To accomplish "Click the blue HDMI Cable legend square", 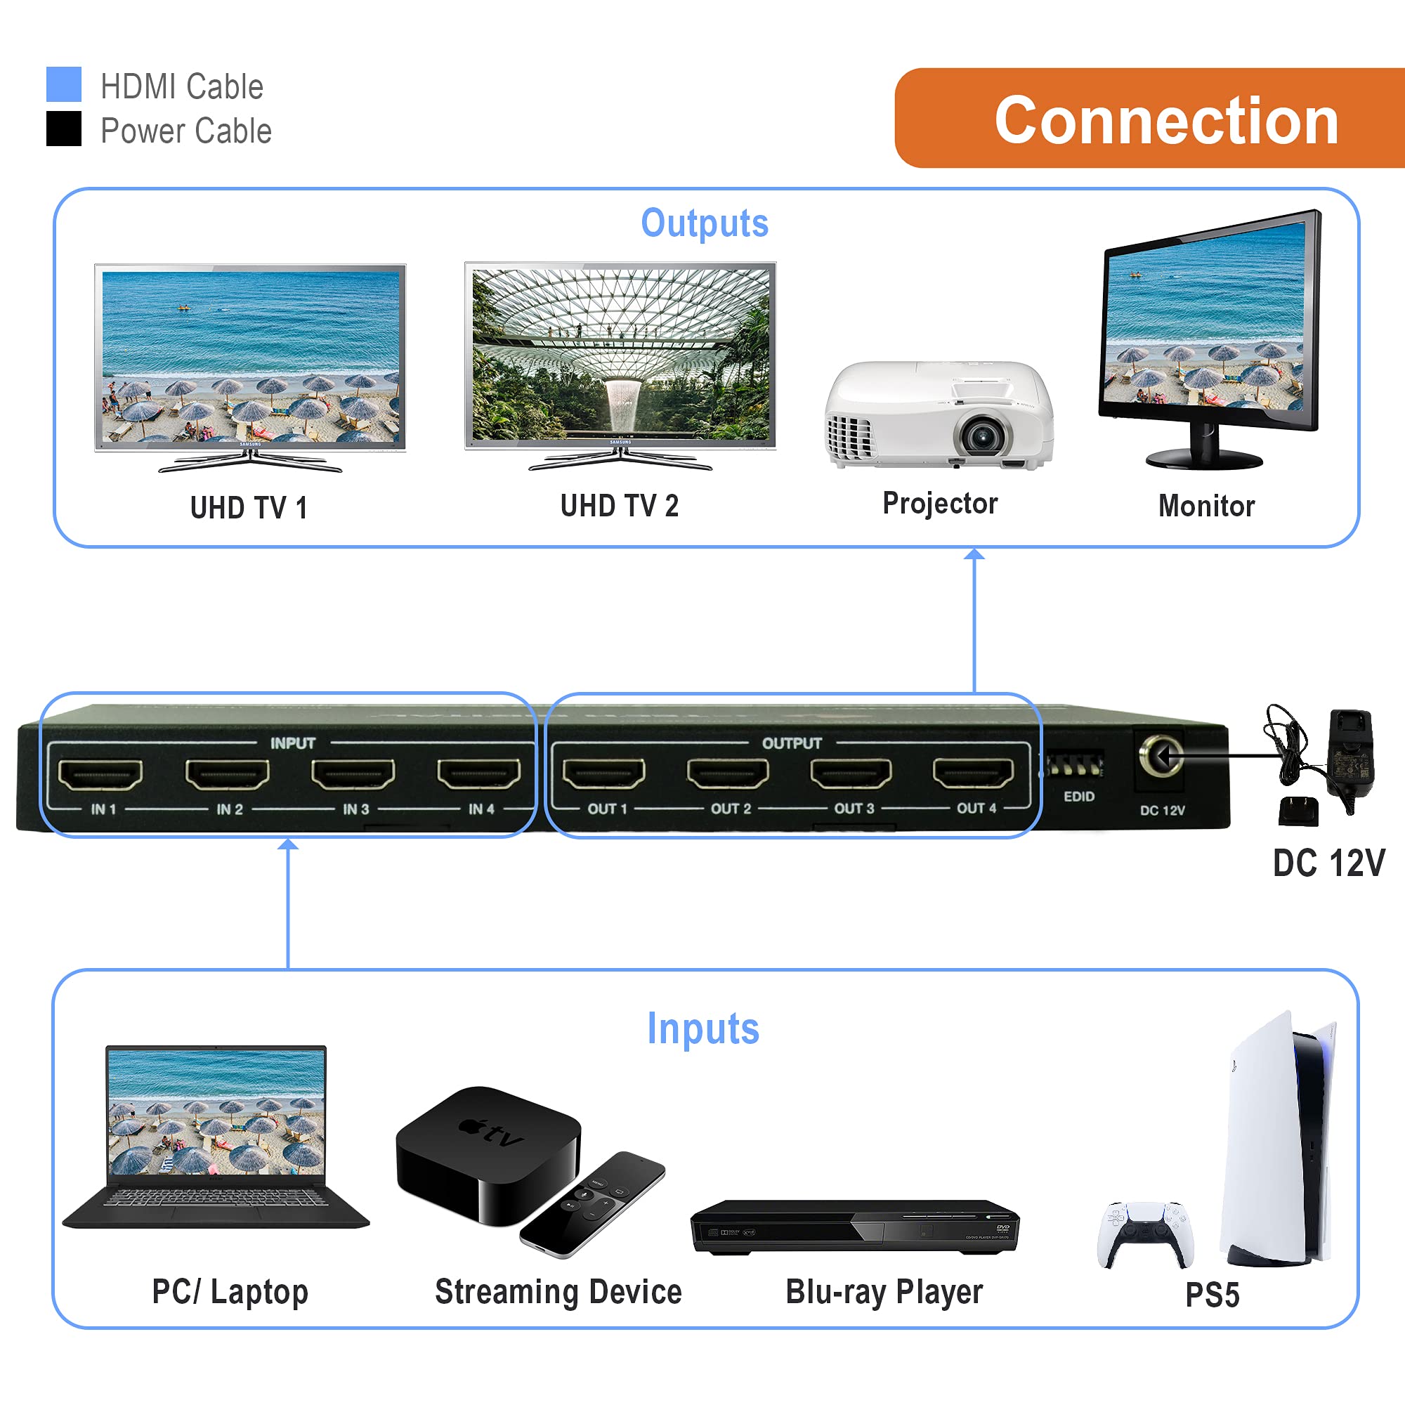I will [64, 84].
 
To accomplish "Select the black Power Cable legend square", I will [64, 129].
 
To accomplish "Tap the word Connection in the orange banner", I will [1165, 121].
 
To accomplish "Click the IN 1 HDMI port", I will [100, 774].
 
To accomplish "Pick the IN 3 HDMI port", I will [353, 773].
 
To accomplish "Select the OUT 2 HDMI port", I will [728, 773].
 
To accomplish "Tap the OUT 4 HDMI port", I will [974, 773].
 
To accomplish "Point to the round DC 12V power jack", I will [1161, 756].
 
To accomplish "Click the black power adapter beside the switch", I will [1350, 757].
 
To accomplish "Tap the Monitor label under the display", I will [1206, 506].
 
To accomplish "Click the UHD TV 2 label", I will [620, 506].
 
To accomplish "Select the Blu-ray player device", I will [855, 1227].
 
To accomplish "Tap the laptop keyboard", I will [215, 1197].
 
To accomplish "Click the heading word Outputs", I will [704, 223].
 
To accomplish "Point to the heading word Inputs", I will [703, 1029].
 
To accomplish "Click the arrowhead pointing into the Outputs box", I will [974, 555].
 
